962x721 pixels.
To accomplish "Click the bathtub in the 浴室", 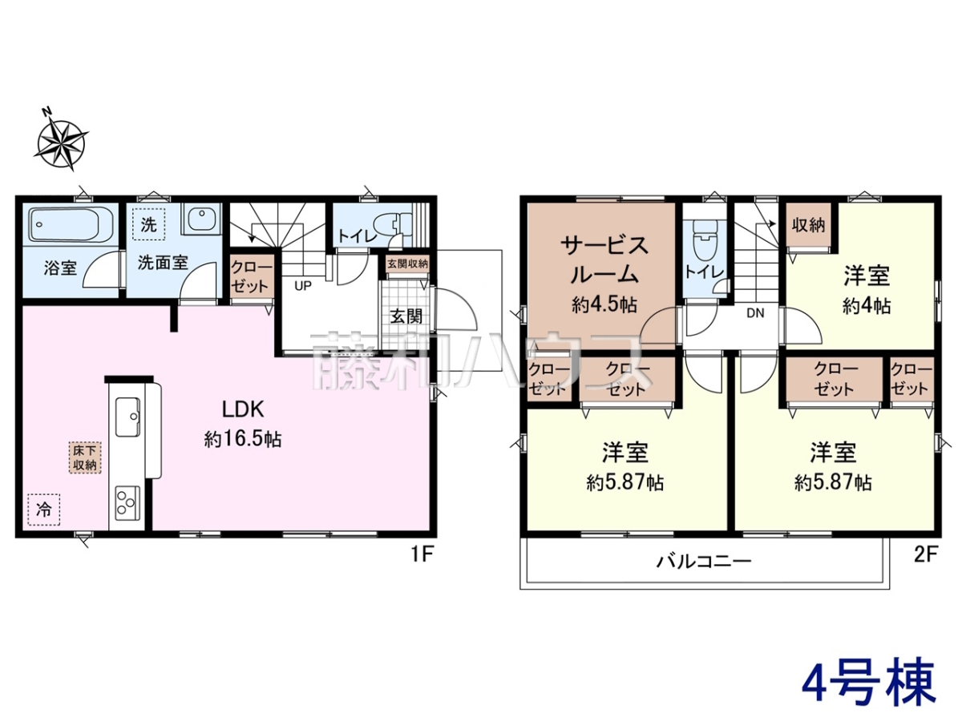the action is click(72, 224).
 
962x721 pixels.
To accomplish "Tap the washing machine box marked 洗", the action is click(148, 224).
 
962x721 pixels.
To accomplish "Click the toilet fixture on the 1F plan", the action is click(397, 224).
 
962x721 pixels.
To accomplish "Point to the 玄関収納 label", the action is click(407, 264).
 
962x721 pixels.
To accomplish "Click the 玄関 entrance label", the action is click(406, 316).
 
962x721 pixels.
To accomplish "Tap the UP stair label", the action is click(303, 286).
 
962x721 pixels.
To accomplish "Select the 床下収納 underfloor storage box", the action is click(85, 457).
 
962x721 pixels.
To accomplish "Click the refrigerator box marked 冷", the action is click(44, 510).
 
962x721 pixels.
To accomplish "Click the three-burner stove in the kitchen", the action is click(127, 501).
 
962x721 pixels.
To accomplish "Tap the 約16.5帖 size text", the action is click(243, 439).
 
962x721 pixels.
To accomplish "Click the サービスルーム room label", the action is click(604, 260).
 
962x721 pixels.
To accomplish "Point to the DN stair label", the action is click(755, 313).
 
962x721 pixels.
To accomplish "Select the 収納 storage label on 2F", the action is click(808, 225).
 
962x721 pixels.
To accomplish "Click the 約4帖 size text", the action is click(867, 306).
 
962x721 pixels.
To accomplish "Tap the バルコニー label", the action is click(703, 562).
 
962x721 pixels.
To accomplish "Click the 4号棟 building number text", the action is click(869, 686).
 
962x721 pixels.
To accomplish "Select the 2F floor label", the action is click(926, 555).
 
